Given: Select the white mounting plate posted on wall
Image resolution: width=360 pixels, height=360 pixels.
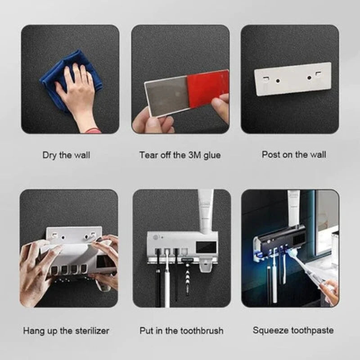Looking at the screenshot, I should pyautogui.click(x=292, y=79).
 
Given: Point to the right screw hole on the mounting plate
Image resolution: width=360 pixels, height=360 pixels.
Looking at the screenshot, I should pyautogui.click(x=309, y=77).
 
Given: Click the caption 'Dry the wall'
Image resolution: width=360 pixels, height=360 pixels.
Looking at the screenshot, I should pyautogui.click(x=66, y=155).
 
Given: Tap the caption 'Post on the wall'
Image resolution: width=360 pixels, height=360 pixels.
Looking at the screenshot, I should pyautogui.click(x=294, y=155).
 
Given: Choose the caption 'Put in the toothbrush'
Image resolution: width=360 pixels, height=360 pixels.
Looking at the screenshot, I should pyautogui.click(x=181, y=331).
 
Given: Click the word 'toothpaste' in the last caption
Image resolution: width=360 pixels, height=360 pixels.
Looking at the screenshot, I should pyautogui.click(x=311, y=331).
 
